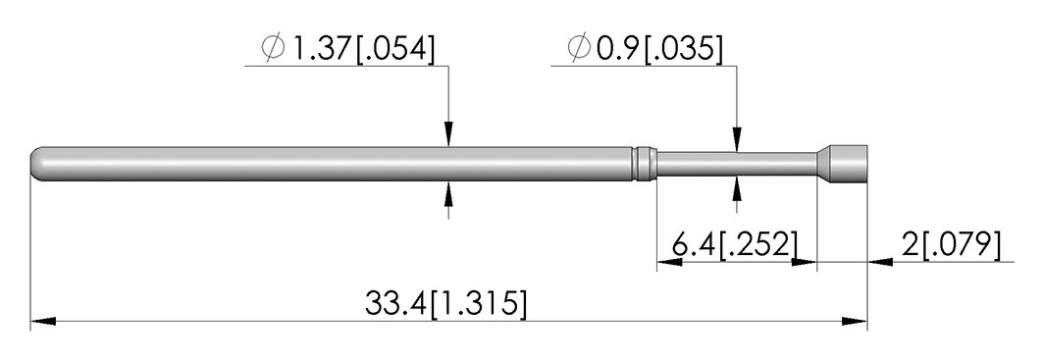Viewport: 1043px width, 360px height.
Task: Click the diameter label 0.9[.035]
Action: pyautogui.click(x=659, y=49)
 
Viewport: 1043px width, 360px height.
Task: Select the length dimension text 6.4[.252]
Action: pyautogui.click(x=734, y=245)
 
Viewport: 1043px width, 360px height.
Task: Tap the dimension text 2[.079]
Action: pyautogui.click(x=951, y=245)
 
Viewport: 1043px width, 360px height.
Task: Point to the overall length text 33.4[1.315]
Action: pyautogui.click(x=445, y=304)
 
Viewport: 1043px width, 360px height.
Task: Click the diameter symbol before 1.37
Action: pyautogui.click(x=273, y=48)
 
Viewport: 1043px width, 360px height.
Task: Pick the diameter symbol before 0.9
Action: pyautogui.click(x=579, y=48)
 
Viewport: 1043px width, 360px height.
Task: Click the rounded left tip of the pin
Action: pyautogui.click(x=36, y=164)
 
